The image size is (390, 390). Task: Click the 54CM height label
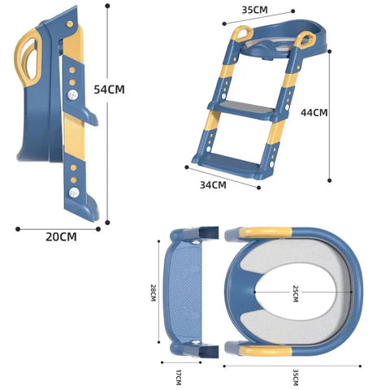109,89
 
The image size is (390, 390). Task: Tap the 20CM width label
61,236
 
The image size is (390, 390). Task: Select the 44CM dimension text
314,112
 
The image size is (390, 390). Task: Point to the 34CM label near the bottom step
213,185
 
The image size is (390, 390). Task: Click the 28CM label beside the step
154,293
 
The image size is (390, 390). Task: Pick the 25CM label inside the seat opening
296,293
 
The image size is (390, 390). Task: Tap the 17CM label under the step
178,377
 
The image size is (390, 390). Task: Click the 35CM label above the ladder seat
254,10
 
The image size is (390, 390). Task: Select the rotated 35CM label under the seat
296,377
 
